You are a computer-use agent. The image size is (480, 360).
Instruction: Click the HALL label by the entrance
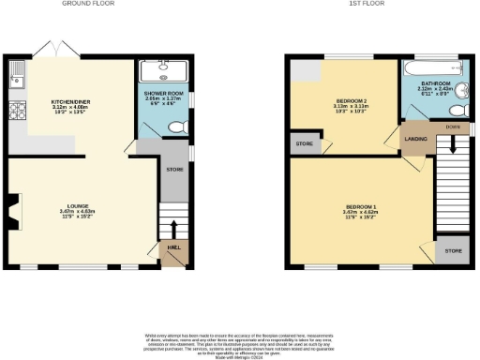(173, 247)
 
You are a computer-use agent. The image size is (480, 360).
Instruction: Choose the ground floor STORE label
(173, 170)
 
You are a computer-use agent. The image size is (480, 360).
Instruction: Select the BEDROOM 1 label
(360, 205)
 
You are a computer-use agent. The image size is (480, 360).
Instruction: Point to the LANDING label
(415, 141)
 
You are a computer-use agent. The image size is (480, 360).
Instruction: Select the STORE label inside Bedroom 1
(453, 251)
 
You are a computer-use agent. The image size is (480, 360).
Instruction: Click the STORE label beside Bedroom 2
(304, 143)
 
